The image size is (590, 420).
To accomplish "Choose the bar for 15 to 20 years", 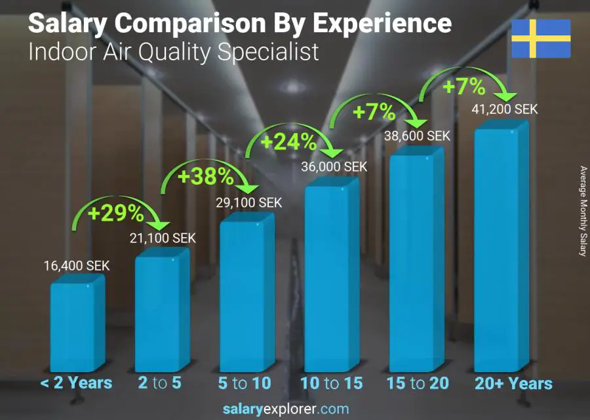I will [417, 262].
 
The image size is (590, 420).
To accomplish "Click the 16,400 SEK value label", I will [77, 266].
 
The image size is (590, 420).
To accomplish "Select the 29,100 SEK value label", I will [249, 203].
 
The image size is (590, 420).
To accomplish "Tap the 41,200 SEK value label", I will [505, 109].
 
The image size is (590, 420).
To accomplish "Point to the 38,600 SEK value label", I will [418, 136].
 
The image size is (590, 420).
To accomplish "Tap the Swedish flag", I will [541, 39].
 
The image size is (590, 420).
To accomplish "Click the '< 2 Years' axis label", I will [76, 383].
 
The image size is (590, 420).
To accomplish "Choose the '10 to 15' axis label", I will [331, 383].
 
